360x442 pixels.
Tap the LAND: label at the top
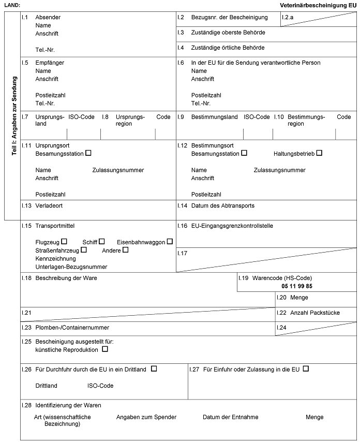(12, 5)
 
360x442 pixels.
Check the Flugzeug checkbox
(65, 242)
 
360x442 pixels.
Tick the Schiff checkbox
(102, 242)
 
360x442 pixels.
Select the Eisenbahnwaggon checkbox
(170, 242)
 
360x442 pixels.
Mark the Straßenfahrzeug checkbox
(84, 250)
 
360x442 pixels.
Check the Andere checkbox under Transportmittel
(125, 250)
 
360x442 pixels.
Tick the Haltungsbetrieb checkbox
(319, 153)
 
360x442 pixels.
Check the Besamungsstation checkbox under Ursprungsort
(88, 153)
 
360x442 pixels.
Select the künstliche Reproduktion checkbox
(106, 349)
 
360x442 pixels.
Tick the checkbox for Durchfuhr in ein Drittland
(154, 369)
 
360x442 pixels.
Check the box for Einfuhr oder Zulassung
(306, 369)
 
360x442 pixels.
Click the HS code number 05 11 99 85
(297, 286)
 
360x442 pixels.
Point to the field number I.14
(182, 205)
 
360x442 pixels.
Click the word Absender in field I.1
(48, 17)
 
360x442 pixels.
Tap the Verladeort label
(49, 205)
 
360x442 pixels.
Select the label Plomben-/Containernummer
(72, 327)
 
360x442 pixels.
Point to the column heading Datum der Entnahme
(230, 417)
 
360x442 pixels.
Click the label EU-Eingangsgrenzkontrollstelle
(232, 226)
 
